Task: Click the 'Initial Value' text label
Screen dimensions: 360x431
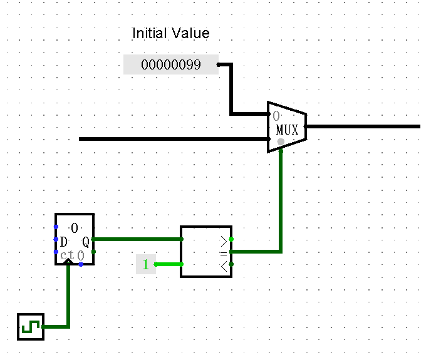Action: click(x=170, y=33)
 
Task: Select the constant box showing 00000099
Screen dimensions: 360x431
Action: click(x=170, y=64)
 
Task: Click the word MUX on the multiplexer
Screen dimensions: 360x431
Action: click(x=288, y=130)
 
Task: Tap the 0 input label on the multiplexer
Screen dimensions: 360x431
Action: click(x=276, y=116)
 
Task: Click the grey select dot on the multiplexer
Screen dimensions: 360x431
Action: click(x=281, y=141)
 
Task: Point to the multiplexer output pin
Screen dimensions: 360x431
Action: click(x=306, y=126)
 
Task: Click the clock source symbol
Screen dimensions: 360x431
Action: click(x=31, y=327)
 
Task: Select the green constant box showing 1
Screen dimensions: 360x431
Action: click(x=146, y=264)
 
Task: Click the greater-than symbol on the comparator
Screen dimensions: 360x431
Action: click(x=224, y=240)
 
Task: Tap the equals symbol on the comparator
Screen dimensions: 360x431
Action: click(x=224, y=252)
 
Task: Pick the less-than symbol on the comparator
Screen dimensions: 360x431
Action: click(x=224, y=264)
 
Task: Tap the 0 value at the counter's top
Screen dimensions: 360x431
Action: click(x=75, y=227)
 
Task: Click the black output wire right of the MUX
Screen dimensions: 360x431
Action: click(x=363, y=126)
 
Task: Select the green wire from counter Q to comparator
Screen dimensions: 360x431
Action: click(x=138, y=239)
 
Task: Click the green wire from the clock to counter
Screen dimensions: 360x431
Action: click(x=68, y=301)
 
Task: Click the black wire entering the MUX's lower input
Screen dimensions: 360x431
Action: click(x=169, y=139)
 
